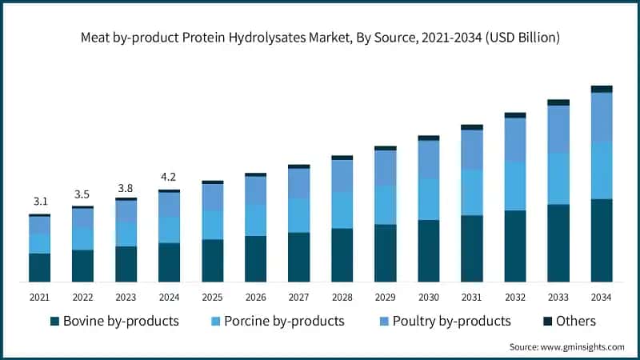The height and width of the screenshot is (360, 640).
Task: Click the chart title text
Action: click(x=320, y=38)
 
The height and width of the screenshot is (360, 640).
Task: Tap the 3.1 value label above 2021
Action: click(x=39, y=202)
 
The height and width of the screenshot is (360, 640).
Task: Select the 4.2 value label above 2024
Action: click(x=169, y=177)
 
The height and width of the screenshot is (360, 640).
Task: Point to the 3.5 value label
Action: click(x=82, y=194)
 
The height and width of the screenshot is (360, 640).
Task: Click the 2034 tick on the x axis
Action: click(x=602, y=297)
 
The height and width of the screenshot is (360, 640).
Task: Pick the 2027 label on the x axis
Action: click(x=298, y=297)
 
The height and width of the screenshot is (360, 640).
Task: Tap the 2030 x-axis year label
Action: click(x=428, y=297)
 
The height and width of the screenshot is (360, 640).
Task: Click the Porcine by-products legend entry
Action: click(x=276, y=321)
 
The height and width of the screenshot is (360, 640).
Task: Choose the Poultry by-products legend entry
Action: click(x=443, y=321)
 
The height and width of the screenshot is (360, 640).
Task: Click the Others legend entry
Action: click(x=569, y=321)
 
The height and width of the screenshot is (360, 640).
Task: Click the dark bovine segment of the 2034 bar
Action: click(x=602, y=240)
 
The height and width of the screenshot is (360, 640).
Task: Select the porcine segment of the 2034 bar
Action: click(x=602, y=170)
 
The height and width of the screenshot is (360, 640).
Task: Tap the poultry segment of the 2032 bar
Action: click(x=515, y=139)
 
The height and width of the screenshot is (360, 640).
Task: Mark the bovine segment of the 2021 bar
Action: click(x=39, y=267)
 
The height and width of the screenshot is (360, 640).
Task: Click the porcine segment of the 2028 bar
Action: click(x=342, y=210)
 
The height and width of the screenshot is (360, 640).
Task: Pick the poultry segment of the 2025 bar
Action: click(x=212, y=197)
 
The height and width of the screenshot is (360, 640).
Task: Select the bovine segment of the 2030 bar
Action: click(x=428, y=250)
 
